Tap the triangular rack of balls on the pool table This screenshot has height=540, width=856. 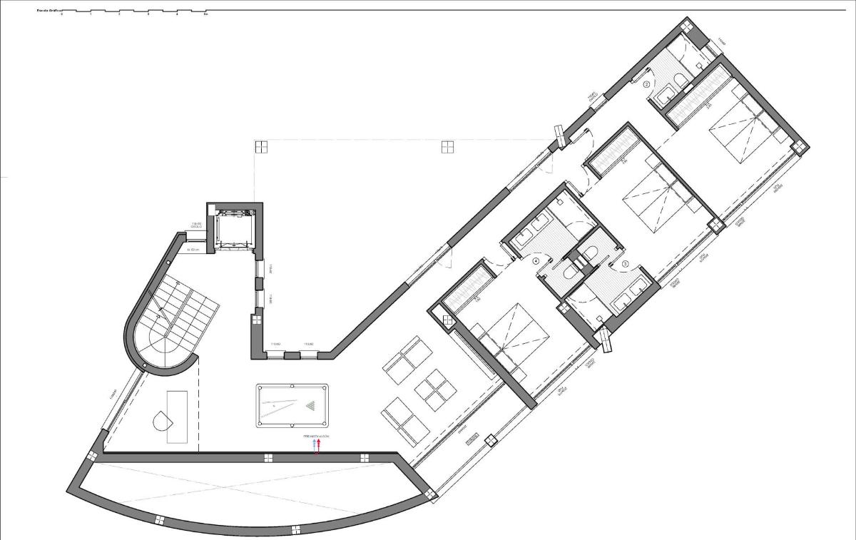coord(312,407)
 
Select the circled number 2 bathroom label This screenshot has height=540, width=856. coord(647,83)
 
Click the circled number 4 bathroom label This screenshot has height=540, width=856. coord(536,261)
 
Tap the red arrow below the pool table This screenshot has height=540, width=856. coord(319,444)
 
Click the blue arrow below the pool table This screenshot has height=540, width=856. coord(314,444)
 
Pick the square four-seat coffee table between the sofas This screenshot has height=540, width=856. coord(435,392)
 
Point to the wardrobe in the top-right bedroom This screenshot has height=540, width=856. coord(698,91)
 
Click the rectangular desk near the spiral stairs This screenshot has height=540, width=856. coord(177,417)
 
